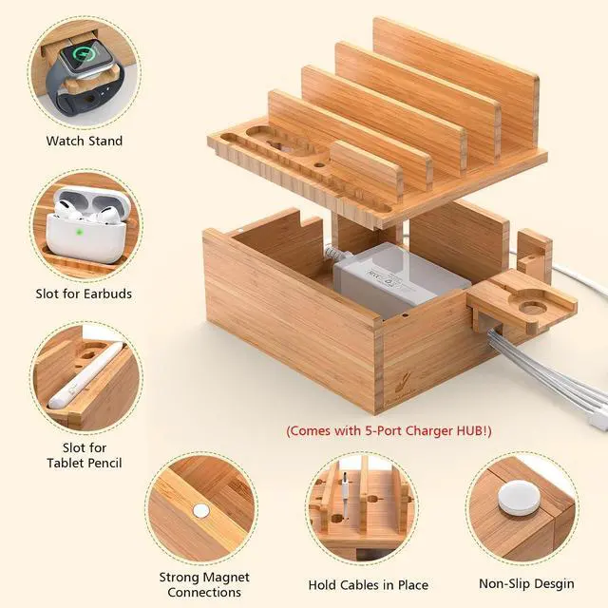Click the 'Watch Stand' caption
point(85,141)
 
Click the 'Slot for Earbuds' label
point(85,294)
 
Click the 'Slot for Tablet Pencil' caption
point(85,455)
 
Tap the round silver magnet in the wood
point(200,509)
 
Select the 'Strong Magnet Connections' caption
point(204,584)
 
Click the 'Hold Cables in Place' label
point(368,585)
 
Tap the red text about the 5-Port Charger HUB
point(389,430)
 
